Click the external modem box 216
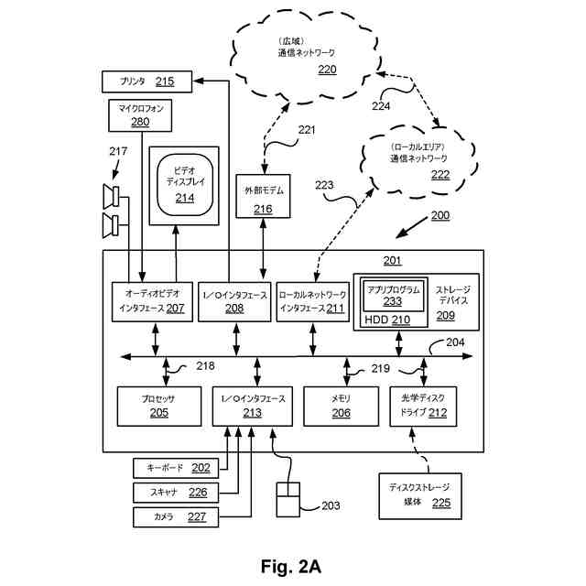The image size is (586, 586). click(x=263, y=198)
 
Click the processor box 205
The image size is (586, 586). click(x=158, y=406)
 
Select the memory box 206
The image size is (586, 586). click(x=341, y=406)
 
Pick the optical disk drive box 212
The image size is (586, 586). click(x=423, y=406)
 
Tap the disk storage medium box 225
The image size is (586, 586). click(x=419, y=495)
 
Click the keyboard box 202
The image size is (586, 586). click(x=172, y=468)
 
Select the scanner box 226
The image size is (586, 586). click(x=172, y=493)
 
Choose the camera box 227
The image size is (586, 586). click(x=172, y=517)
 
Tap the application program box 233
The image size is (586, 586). click(x=393, y=295)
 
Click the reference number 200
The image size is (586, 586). click(x=439, y=216)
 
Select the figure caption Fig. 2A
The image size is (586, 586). click(x=291, y=565)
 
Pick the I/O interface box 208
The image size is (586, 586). click(x=234, y=301)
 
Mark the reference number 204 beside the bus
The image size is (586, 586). click(x=455, y=342)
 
